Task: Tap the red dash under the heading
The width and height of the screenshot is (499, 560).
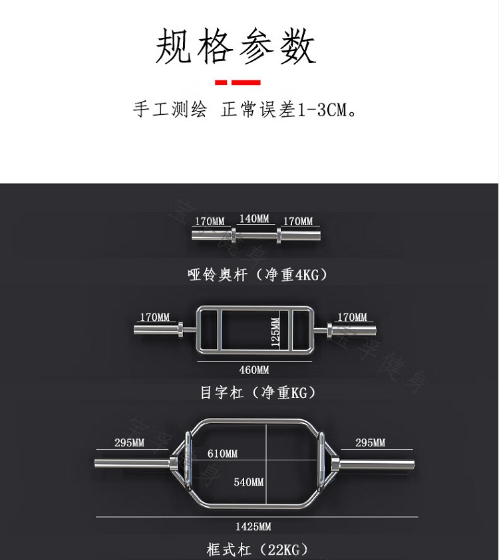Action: [x=238, y=82]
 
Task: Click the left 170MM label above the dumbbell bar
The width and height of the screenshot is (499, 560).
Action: [x=210, y=221]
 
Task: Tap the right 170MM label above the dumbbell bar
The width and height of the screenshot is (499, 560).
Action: [x=297, y=221]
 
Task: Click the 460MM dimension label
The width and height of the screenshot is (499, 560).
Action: [x=254, y=370]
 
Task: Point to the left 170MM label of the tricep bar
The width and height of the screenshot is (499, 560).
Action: [x=154, y=318]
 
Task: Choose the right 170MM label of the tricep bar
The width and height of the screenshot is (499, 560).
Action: [x=352, y=318]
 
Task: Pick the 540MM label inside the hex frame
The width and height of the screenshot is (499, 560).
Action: [x=248, y=482]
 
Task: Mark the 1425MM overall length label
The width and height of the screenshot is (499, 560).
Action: [x=253, y=527]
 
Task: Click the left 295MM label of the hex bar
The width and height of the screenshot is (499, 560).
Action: [x=129, y=443]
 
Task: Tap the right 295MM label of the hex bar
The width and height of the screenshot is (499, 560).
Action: [x=370, y=443]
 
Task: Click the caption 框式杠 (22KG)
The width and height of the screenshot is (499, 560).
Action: [x=257, y=550]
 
